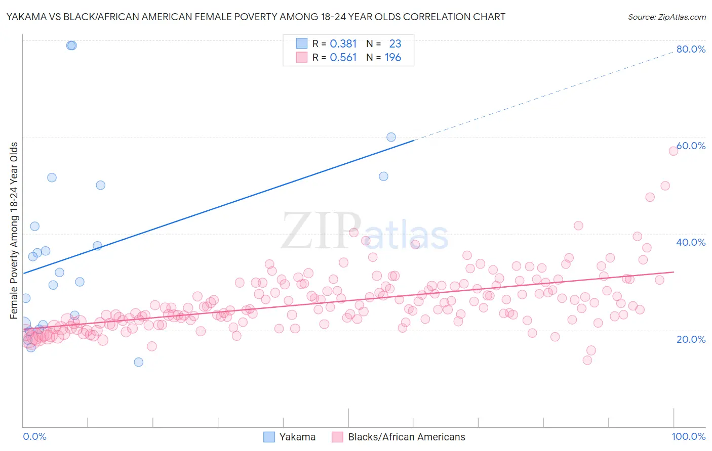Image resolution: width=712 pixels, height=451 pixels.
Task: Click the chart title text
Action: click(x=255, y=17)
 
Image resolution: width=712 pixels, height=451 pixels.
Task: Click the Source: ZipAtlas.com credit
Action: click(x=666, y=17)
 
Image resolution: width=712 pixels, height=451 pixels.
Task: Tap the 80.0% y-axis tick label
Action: click(x=691, y=49)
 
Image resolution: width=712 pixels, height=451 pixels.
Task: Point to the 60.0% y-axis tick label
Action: click(x=691, y=146)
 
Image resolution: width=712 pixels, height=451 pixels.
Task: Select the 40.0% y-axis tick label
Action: click(x=691, y=242)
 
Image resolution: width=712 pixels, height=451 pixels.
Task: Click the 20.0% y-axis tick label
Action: click(x=691, y=339)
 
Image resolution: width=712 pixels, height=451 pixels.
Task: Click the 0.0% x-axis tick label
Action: click(x=34, y=436)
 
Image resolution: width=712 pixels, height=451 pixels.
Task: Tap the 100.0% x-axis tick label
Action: click(x=688, y=436)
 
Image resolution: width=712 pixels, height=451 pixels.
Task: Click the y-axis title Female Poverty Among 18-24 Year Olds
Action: click(x=14, y=231)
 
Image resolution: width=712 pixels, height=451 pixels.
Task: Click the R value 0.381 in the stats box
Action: click(x=343, y=44)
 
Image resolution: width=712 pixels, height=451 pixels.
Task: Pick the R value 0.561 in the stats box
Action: click(x=343, y=58)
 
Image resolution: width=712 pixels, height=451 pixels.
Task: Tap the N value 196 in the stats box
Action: click(x=392, y=58)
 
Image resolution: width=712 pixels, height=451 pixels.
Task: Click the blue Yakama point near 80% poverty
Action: click(x=71, y=46)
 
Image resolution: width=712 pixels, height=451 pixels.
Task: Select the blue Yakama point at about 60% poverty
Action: click(x=391, y=137)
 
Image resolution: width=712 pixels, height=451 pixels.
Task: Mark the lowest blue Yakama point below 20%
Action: click(x=138, y=362)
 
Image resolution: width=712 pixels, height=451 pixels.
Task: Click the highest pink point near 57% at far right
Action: click(x=673, y=151)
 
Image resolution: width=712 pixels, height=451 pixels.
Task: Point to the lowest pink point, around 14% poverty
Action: click(x=587, y=360)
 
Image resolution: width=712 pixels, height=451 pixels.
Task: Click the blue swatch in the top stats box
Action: click(x=301, y=43)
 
